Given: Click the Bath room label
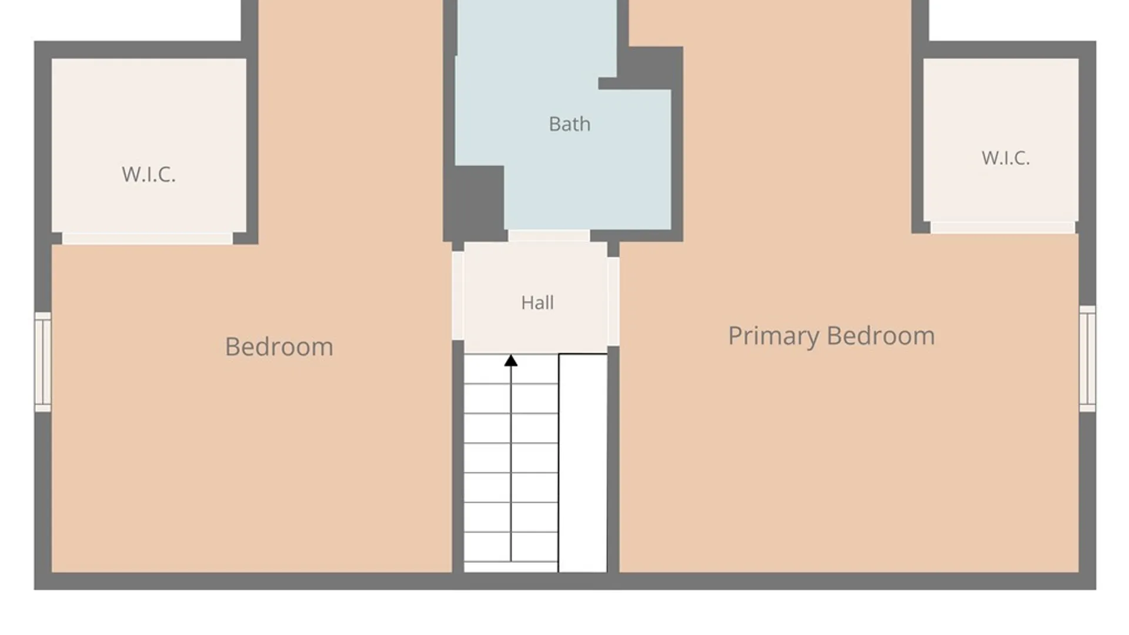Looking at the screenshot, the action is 569,124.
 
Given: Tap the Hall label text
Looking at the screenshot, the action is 537,303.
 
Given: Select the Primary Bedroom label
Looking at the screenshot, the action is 831,336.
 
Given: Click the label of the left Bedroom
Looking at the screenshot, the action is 279,347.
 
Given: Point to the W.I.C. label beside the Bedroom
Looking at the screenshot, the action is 148,175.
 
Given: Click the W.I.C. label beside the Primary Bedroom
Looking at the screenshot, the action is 1005,158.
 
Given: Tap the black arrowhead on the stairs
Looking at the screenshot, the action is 511,361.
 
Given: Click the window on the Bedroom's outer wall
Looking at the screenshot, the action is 43,362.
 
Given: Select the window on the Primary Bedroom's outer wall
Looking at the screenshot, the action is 1087,358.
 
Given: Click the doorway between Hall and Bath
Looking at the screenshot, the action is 549,236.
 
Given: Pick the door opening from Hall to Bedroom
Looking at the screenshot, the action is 457,296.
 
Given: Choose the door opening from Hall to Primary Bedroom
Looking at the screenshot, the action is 613,302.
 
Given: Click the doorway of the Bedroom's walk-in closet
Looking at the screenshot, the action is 147,239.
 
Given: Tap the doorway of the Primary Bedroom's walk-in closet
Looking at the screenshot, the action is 1003,228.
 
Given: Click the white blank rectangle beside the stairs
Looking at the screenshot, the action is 583,463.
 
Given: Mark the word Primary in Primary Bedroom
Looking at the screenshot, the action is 773,336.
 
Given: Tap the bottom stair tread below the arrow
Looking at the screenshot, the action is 511,567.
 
